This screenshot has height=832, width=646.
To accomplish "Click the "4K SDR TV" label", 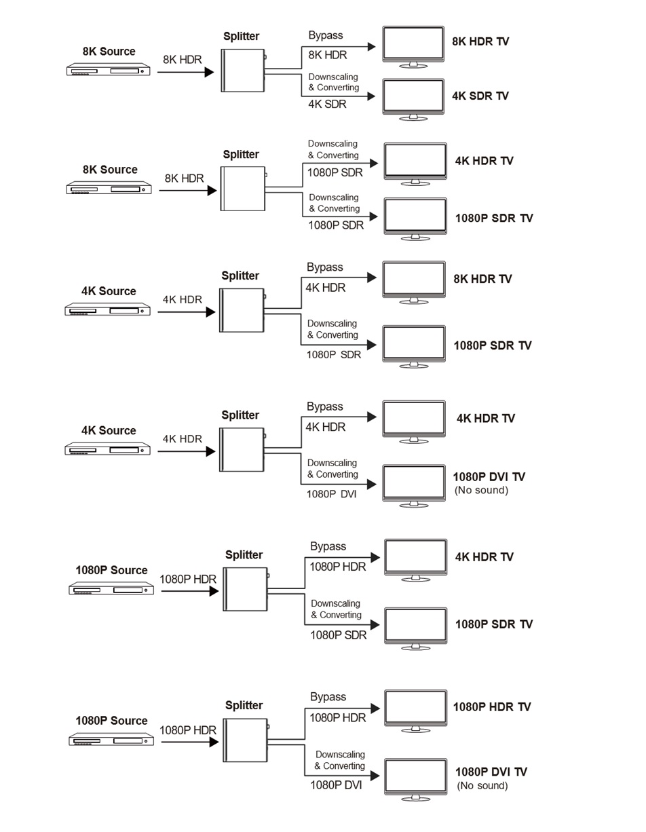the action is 480,96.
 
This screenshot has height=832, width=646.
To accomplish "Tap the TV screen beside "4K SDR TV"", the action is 413,95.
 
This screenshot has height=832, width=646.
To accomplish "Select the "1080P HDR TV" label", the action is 492,707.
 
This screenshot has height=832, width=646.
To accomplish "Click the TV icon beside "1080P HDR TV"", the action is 415,711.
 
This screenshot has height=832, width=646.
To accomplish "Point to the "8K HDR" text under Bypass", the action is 328,55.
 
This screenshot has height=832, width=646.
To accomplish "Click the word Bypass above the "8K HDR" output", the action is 326,35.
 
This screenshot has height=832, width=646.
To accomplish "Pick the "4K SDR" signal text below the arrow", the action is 327,104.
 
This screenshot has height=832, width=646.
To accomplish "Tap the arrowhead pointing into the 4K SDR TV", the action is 371,96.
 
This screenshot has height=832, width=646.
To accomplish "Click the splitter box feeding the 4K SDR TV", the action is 243,71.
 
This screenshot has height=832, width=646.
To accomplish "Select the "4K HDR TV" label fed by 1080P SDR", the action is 484,161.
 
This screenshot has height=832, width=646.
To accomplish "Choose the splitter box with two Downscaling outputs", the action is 243,189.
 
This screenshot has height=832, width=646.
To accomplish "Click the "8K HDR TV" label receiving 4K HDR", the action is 482,279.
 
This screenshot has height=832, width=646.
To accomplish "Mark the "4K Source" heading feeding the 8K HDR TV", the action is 109,291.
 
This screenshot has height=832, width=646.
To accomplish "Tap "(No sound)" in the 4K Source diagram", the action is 481,490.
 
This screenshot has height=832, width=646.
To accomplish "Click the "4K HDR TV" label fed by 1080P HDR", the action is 484,556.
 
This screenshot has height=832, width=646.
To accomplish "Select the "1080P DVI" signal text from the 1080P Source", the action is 336,785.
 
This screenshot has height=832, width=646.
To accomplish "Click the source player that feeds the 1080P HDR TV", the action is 111,739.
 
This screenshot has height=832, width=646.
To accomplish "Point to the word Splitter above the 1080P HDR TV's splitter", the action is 244,705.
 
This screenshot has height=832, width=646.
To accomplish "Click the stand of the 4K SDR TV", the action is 413,117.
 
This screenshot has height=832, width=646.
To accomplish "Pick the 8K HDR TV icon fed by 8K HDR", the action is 413,47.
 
